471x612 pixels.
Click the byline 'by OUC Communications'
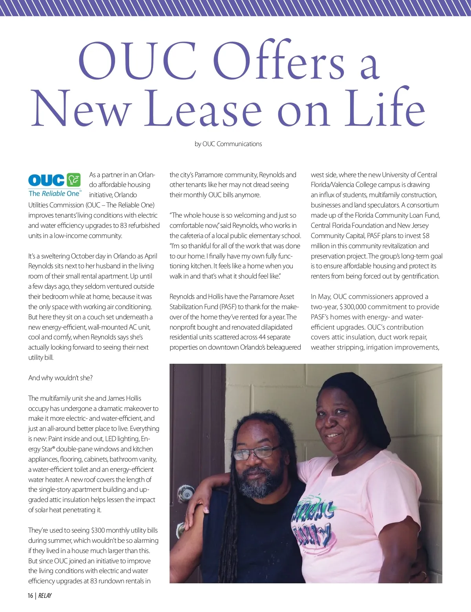coord(228,144)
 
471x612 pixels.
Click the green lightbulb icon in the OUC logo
coord(73,180)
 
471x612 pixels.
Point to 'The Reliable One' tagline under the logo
coord(55,194)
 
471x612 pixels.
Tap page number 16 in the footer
coord(30,596)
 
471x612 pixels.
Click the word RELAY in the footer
coord(45,596)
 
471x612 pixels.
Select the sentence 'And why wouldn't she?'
coord(60,378)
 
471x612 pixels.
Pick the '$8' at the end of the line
coord(425,236)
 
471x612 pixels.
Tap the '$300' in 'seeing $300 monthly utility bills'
coord(98,530)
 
